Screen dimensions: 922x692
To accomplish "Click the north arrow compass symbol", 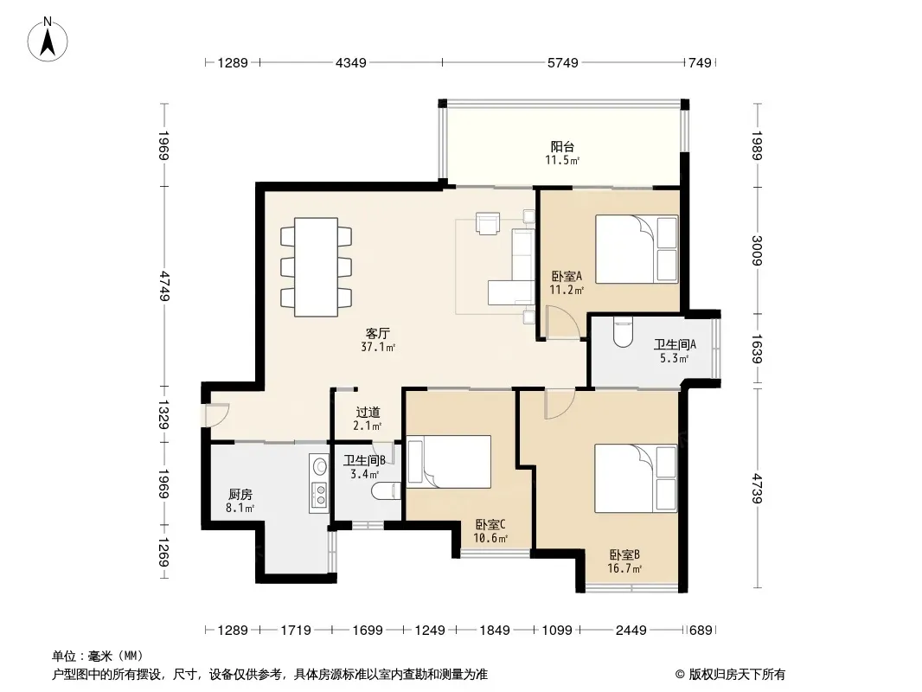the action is pos(48,40).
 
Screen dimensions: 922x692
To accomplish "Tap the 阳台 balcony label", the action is pos(562,146).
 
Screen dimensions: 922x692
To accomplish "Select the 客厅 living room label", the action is pos(378,333).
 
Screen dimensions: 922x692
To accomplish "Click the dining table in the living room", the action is pos(316,267).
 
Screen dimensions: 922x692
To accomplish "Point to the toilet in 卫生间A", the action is pos(622,331).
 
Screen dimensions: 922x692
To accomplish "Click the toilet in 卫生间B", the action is pos(387,490).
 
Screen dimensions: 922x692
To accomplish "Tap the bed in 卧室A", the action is pos(637,249).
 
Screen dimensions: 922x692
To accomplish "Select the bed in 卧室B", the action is pos(636,478).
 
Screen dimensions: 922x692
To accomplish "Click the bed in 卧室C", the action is pos(449,462).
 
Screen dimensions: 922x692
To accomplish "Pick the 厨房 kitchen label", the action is pos(240,495).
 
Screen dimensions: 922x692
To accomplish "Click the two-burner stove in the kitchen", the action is pos(320,494).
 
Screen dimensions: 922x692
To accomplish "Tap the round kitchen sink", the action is pos(319,466).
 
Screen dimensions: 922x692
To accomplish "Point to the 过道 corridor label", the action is pos(368,412).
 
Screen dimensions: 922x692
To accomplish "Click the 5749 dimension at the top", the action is pos(563,62).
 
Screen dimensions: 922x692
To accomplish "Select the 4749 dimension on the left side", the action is pos(163,285).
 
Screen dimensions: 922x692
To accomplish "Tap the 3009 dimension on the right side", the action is pos(757,251).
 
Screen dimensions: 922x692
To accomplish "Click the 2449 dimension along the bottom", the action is pos(631,631).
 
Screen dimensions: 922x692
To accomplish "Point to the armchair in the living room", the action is pos(488,223).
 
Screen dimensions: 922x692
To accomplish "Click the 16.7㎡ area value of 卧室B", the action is pos(624,568).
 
